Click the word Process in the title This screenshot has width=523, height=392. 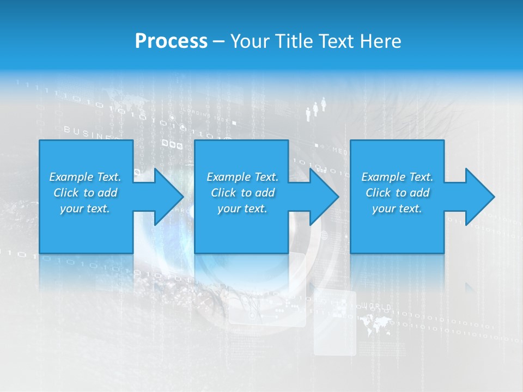coord(171,41)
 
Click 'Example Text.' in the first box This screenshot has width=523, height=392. coord(85,177)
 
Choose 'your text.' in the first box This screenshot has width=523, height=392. coord(85,209)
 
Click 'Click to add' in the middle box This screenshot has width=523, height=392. coord(242,193)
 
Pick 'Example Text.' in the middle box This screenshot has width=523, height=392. coord(242,177)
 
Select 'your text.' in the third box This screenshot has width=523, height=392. coord(397,209)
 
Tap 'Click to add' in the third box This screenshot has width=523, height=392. coord(397,193)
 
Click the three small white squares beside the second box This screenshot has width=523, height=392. coord(172,145)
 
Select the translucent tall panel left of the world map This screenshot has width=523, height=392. coord(335,322)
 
